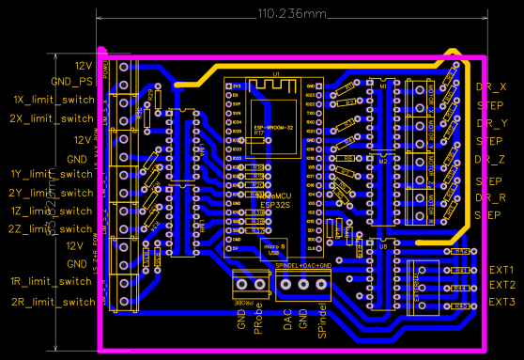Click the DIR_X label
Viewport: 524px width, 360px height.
click(x=492, y=86)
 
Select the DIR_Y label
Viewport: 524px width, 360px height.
click(x=492, y=123)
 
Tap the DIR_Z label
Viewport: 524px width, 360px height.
click(x=492, y=160)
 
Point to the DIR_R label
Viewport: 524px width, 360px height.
click(x=492, y=197)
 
